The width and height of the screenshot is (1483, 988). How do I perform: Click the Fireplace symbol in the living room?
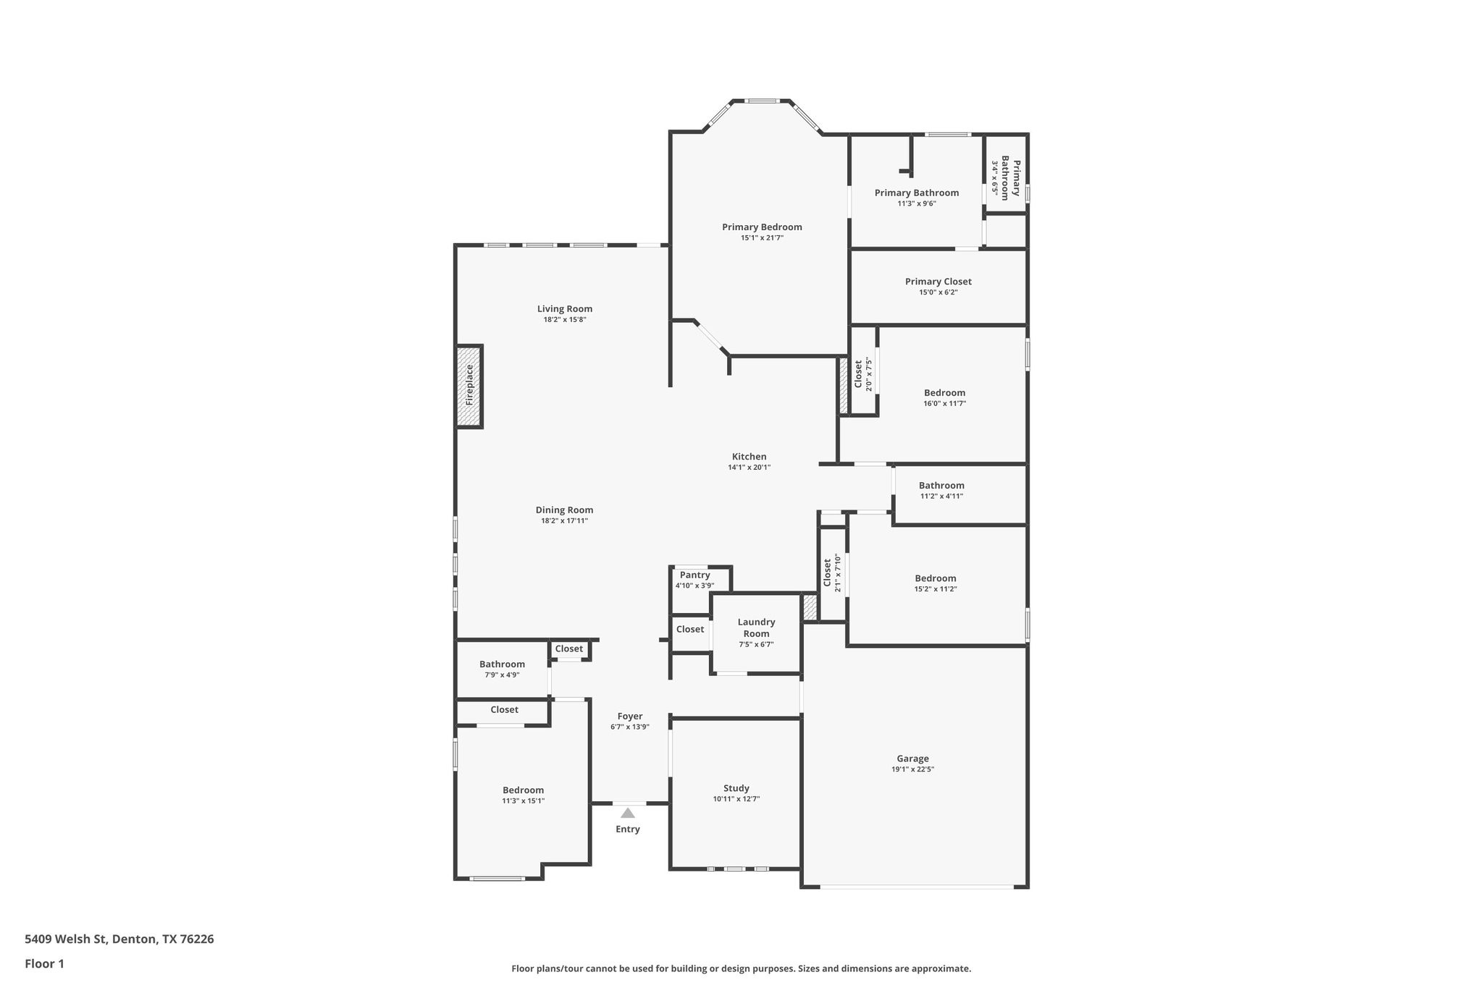tap(469, 386)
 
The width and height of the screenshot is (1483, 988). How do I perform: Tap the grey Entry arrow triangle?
tap(628, 813)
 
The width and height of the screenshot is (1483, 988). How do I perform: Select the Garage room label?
tap(912, 759)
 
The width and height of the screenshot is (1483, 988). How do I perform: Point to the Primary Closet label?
tap(938, 282)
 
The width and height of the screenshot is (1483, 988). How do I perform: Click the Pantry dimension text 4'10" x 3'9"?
tap(694, 586)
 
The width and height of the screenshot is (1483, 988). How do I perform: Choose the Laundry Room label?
tap(756, 628)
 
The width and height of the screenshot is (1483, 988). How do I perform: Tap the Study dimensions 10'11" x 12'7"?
tap(736, 799)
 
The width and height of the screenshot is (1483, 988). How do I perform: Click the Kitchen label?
tap(749, 457)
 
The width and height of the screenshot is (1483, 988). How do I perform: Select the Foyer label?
tap(630, 716)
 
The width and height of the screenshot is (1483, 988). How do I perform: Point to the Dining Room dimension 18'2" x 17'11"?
tap(564, 520)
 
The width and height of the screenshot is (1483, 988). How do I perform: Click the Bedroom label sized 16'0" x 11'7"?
tap(944, 393)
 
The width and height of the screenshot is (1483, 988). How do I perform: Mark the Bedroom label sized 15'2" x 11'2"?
tap(935, 578)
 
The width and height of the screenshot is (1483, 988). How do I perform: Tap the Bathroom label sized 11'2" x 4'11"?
tap(941, 486)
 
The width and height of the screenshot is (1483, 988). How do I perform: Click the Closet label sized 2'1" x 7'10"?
tap(827, 573)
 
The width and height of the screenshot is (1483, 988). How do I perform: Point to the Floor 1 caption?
tap(44, 963)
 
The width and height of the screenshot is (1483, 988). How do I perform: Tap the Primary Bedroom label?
tap(762, 227)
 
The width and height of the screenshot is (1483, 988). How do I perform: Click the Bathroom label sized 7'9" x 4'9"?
tap(502, 664)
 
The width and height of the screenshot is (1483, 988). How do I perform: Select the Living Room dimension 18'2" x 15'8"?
tap(564, 319)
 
